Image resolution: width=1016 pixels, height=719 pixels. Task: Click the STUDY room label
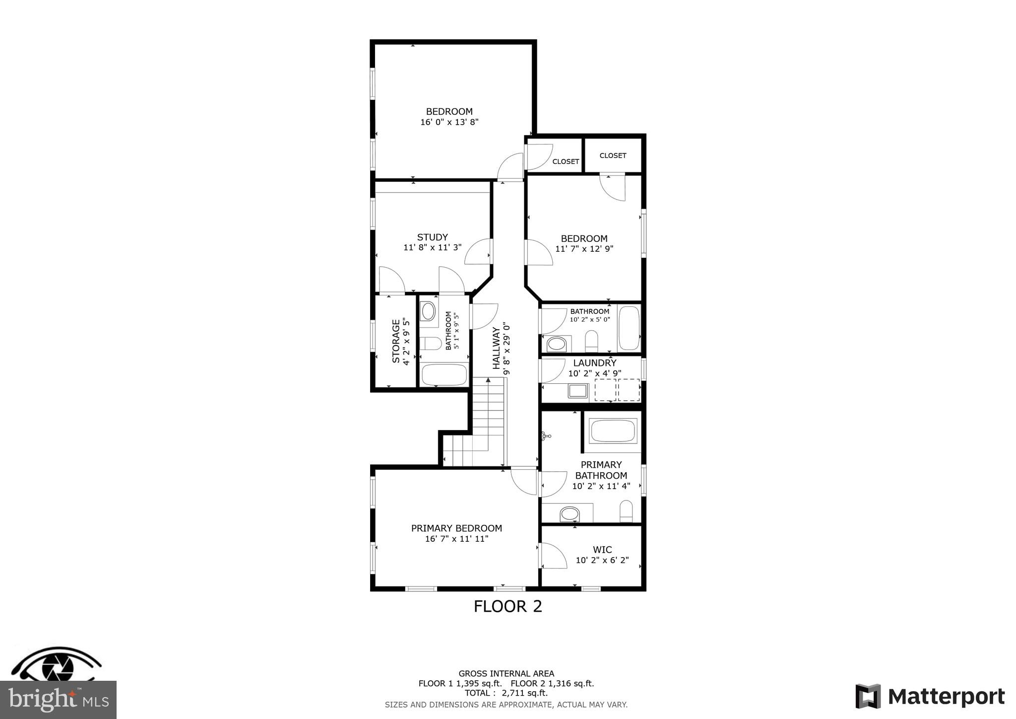(x=432, y=237)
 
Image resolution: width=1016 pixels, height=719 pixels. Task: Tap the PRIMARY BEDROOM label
(x=456, y=528)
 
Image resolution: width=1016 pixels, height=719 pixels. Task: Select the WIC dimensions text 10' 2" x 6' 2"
(x=602, y=560)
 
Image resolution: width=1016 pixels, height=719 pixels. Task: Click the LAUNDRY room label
(x=594, y=363)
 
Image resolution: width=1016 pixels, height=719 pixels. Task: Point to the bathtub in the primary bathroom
(x=613, y=431)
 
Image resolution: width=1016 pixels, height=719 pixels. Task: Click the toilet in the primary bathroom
(x=626, y=511)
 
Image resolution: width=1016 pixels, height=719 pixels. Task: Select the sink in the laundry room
(x=578, y=391)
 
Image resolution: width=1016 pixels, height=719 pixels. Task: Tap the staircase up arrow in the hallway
(x=488, y=380)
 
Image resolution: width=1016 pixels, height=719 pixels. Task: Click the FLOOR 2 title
(x=508, y=606)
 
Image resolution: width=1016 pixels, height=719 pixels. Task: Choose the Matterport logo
(x=930, y=696)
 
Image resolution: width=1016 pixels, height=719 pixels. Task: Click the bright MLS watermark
(x=58, y=700)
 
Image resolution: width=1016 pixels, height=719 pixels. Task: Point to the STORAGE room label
(x=396, y=341)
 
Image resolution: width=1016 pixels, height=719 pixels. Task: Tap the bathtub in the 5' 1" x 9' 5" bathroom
(x=444, y=374)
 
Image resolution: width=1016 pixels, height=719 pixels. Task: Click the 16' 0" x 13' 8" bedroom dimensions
(x=449, y=122)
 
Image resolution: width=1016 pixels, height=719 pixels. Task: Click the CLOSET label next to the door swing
(x=566, y=161)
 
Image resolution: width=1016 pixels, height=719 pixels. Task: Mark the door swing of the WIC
(x=553, y=556)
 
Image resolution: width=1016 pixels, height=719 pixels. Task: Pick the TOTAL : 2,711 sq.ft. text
(x=506, y=693)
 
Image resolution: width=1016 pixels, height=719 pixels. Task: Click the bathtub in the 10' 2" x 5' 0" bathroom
(x=629, y=328)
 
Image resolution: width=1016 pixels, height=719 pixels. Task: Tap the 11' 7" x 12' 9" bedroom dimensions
(x=584, y=249)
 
